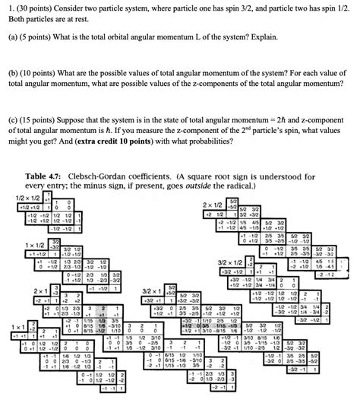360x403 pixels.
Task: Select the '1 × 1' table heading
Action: pos(19,327)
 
